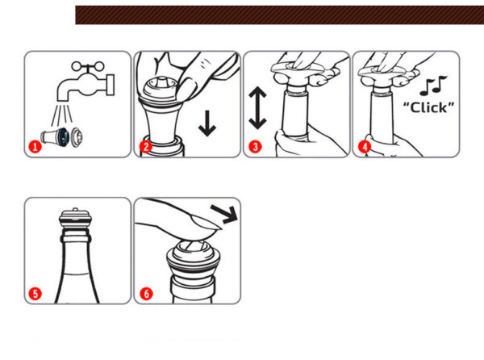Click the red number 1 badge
coord(35,146)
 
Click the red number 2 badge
coord(146,146)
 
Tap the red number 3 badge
coord(255,146)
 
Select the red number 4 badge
coord(365,146)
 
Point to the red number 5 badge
coord(35,293)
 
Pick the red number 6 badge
coord(146,293)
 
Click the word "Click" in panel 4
coord(429,107)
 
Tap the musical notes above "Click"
coord(433,86)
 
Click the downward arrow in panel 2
coord(207,123)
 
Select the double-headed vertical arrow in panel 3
coord(257,107)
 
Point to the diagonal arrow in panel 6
coord(224,213)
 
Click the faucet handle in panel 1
coord(88,66)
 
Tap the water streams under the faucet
coord(62,115)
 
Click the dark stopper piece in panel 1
coord(65,136)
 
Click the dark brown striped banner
coord(280,15)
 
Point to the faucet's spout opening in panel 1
coord(64,99)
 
